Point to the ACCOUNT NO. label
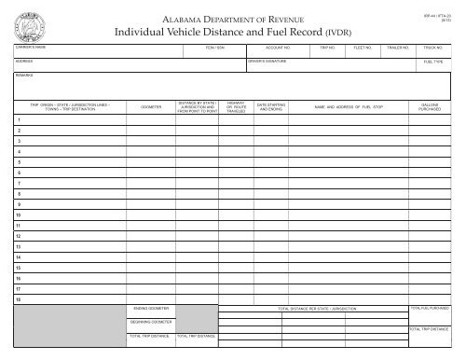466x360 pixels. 280,45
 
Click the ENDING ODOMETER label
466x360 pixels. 149,307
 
